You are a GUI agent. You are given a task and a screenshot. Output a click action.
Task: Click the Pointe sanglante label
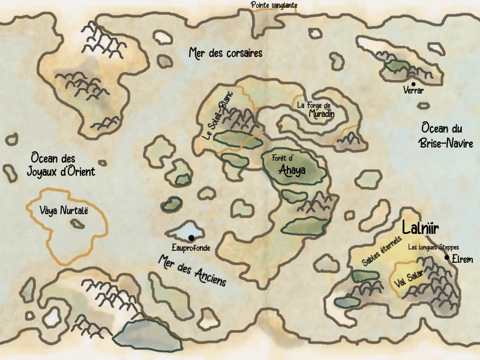click(274, 5)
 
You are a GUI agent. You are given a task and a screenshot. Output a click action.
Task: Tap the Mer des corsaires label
click(225, 53)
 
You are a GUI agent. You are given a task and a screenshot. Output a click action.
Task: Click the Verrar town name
click(414, 91)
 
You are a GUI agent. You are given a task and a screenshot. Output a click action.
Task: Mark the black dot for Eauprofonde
click(191, 238)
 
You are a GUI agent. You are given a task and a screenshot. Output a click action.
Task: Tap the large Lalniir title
click(421, 229)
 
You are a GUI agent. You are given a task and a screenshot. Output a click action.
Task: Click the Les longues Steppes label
click(433, 247)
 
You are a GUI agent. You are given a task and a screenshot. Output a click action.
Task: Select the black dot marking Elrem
click(447, 257)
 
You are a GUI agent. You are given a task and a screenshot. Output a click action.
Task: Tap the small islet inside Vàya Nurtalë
click(77, 224)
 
